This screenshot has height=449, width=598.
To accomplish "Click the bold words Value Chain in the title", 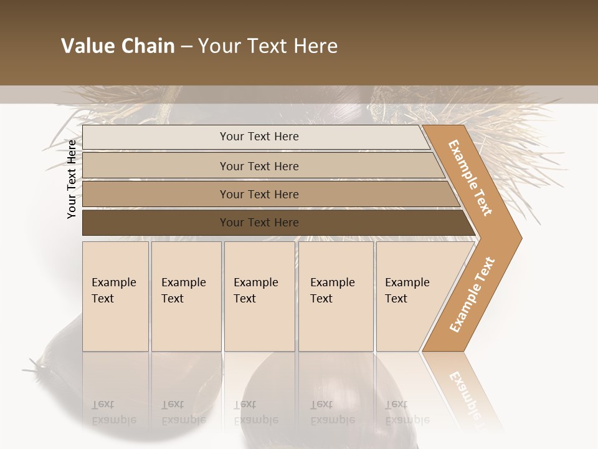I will (x=118, y=46).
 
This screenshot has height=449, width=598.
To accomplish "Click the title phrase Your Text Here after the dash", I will (x=268, y=46).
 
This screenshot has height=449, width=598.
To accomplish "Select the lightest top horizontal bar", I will (x=156, y=137).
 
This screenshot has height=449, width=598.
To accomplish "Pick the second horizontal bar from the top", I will (x=156, y=166).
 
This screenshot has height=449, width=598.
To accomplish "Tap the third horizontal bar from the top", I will (x=156, y=195).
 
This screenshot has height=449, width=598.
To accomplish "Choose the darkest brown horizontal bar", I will (x=156, y=223).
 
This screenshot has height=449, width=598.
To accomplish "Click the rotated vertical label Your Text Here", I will (x=72, y=179).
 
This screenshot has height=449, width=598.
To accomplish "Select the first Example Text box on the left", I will (x=115, y=296).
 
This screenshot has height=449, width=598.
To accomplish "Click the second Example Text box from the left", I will (x=186, y=296).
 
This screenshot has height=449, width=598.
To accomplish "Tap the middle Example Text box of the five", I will (x=259, y=296).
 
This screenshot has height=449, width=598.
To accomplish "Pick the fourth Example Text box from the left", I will (x=335, y=296).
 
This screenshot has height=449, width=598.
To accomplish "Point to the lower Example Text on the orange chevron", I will (x=472, y=294).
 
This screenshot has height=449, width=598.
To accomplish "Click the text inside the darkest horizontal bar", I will (x=259, y=223).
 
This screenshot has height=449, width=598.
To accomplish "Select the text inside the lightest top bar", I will (x=259, y=137).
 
